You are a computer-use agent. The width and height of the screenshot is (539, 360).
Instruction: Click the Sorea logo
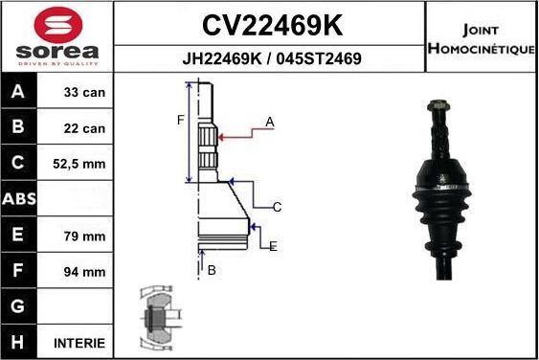click(x=56, y=35)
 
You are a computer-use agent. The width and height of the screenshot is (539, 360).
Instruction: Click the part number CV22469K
click(x=271, y=24)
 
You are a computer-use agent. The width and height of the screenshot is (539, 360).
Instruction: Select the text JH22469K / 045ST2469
click(x=271, y=58)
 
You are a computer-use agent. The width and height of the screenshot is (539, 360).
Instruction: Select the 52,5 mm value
click(x=80, y=164)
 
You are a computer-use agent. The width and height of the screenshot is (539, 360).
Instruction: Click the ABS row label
click(x=19, y=200)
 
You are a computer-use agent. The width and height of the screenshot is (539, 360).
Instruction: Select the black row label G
click(x=19, y=307)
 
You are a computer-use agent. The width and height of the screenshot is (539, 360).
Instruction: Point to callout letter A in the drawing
click(x=270, y=122)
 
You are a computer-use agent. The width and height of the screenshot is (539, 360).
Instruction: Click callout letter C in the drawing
click(x=277, y=207)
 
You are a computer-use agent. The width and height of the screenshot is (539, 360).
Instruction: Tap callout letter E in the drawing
click(x=273, y=246)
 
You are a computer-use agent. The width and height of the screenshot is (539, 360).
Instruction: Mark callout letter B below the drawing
click(x=212, y=270)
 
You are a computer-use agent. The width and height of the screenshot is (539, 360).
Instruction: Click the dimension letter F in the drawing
click(x=180, y=120)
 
